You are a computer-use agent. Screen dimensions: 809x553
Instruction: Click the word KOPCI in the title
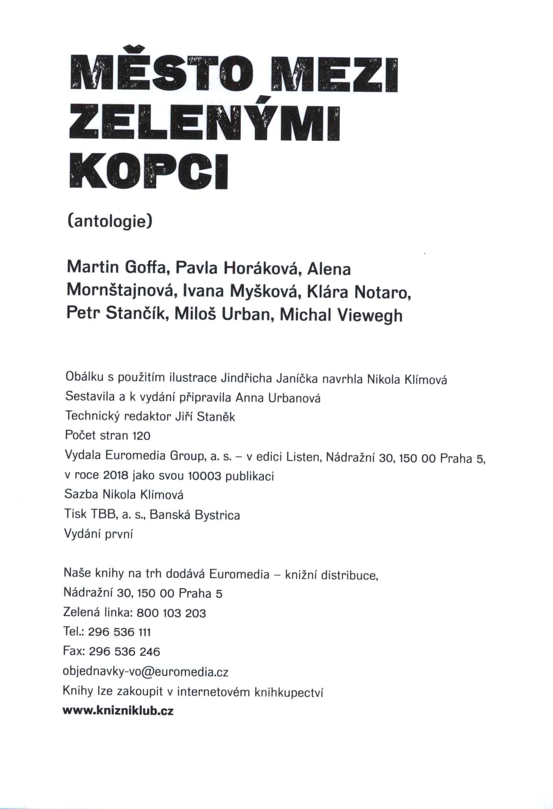(x=148, y=172)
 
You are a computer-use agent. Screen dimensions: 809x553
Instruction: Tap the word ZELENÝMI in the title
(x=204, y=122)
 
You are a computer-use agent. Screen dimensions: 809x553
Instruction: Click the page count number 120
(x=141, y=436)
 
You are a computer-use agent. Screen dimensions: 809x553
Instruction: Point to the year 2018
(x=116, y=476)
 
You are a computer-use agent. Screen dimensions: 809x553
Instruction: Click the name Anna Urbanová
(x=278, y=398)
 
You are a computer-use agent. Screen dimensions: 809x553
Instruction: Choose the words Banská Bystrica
(x=195, y=515)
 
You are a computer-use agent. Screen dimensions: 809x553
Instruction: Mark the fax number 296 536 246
(x=125, y=652)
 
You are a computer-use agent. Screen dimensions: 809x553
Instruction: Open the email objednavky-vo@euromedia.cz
(x=145, y=672)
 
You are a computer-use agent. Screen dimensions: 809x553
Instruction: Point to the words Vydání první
(x=99, y=534)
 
